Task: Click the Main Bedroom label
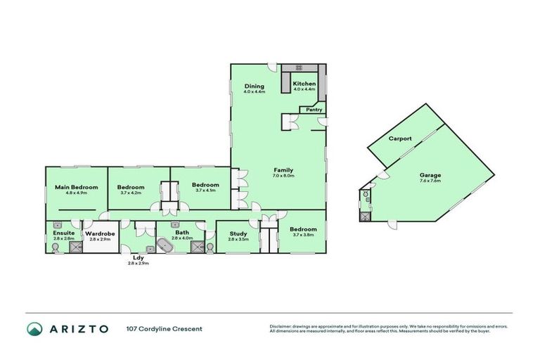[76, 187]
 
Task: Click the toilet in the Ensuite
[56, 248]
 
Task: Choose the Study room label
[238, 234]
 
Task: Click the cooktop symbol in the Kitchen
[300, 68]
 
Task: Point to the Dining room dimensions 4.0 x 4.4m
[255, 91]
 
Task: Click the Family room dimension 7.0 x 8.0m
[283, 176]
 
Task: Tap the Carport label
[400, 139]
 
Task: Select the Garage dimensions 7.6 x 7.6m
[430, 180]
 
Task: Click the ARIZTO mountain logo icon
[34, 329]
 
